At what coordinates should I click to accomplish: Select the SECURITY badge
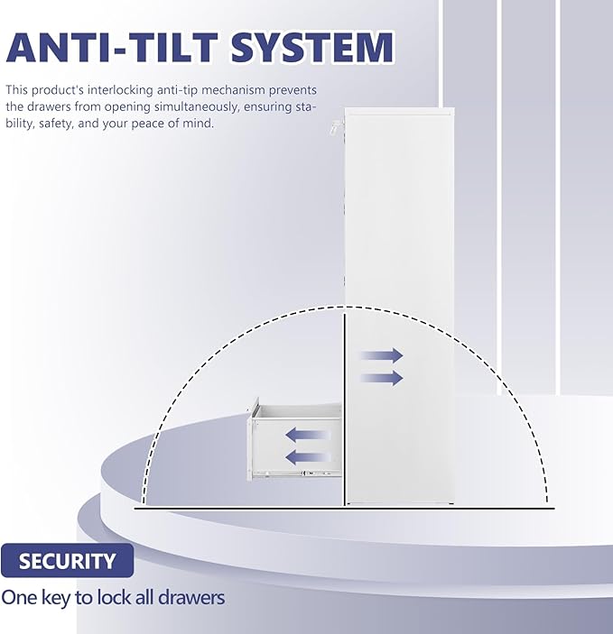click(x=68, y=561)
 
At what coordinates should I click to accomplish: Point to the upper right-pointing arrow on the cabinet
click(x=382, y=356)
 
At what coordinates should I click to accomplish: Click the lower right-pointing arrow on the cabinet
click(x=382, y=378)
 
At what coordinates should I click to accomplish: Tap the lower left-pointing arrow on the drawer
click(x=308, y=457)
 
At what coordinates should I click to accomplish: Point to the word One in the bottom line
click(x=19, y=597)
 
